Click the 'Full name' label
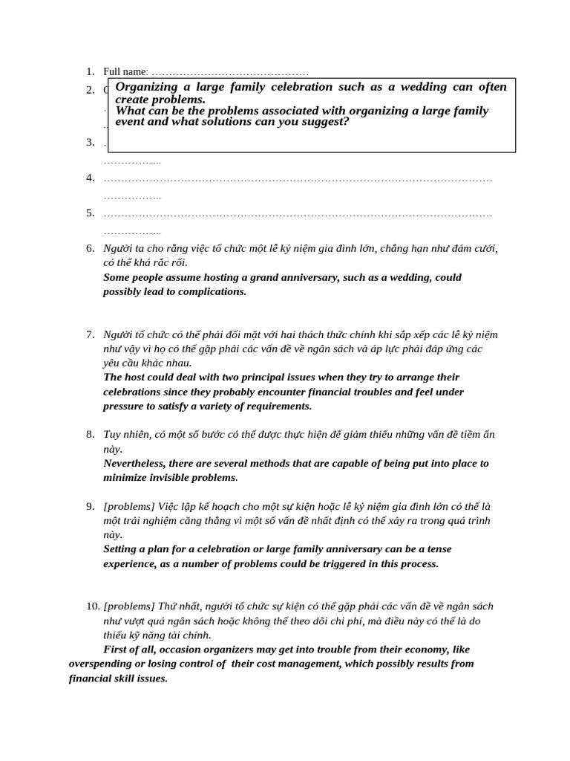coord(125,71)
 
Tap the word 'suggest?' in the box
coord(324,122)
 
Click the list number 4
coord(90,178)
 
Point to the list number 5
coord(90,213)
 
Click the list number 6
coord(90,248)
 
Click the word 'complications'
coord(211,291)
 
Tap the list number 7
coord(90,334)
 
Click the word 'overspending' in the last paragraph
coord(102,664)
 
